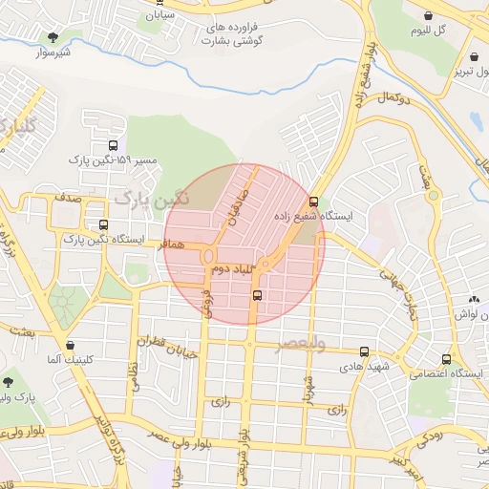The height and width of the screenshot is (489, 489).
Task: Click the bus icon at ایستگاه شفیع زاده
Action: [313, 201]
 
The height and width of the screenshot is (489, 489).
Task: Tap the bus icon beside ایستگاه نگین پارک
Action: [103, 225]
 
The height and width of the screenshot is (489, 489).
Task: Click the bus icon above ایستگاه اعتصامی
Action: [446, 359]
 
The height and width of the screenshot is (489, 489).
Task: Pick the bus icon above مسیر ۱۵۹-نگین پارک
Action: [101, 145]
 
